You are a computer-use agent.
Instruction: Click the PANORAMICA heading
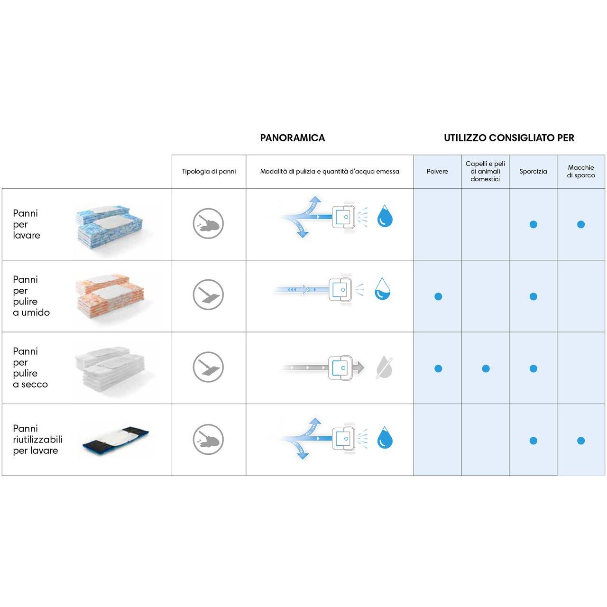pos(292,138)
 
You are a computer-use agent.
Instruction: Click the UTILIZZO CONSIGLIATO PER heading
pos(509,138)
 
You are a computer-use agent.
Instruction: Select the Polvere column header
pos(437,171)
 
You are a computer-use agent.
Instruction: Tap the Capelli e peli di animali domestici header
pos(485,171)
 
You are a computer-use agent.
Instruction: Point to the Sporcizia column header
pos(533,171)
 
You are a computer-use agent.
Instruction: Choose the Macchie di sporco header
pos(581,171)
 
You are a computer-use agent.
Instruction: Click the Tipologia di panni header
pos(209,171)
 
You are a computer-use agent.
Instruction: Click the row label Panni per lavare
pos(27,224)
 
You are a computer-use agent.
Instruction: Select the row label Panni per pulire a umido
pos(31,296)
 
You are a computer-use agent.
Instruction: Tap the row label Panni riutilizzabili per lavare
pos(37,440)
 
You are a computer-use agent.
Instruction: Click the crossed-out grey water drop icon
pos(384,368)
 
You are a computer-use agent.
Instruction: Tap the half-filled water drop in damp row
pos(382,289)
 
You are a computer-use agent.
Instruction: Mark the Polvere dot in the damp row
pos(438,296)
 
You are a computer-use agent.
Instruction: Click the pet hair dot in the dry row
pos(486,368)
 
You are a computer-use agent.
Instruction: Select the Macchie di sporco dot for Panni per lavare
pos(581,224)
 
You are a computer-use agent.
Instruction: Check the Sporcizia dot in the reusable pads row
pos(533,441)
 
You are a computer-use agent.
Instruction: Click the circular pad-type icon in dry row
pos(208,367)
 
